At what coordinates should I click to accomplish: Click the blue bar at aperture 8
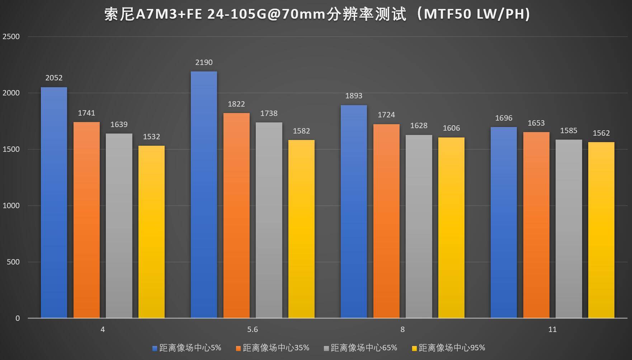[354, 211]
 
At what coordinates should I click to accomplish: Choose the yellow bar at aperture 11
[601, 230]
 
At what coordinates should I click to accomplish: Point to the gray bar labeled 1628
[419, 226]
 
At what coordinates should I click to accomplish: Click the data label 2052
[54, 78]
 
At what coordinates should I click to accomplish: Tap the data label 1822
[236, 104]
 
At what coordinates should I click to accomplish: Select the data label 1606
[451, 128]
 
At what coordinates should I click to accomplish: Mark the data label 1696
[504, 118]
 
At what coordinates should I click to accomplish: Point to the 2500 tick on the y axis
[11, 37]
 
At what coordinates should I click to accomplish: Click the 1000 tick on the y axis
[11, 206]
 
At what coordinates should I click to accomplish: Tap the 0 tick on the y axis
[18, 318]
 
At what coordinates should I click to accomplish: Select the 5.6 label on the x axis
[253, 329]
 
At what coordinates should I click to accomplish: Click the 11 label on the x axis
[552, 329]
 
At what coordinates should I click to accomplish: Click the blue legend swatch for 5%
[155, 348]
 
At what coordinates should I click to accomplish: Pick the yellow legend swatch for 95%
[415, 348]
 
